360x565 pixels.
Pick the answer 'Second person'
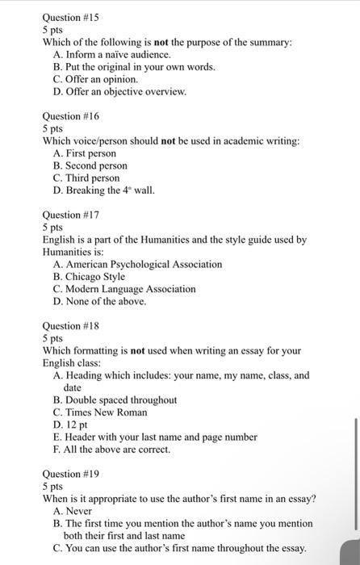click(96, 165)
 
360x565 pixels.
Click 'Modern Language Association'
click(130, 288)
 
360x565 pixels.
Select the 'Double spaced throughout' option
click(121, 400)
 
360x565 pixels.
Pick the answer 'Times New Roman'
click(106, 412)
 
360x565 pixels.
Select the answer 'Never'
click(78, 511)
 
